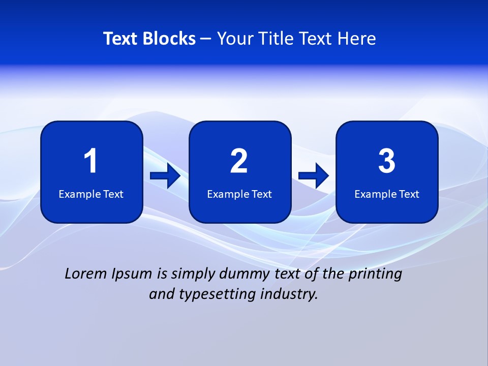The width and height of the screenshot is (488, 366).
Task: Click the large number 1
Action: pos(90,161)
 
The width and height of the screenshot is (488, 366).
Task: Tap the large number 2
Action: pos(239,161)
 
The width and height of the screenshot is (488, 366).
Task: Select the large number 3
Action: pos(387,161)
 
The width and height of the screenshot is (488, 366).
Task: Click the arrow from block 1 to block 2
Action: pos(165,176)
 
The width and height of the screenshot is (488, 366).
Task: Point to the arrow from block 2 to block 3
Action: pos(314,176)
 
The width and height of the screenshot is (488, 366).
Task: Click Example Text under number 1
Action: pos(91,194)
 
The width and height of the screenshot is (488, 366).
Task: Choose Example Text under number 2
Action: pos(239,194)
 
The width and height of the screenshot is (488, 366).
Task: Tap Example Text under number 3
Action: pos(387,194)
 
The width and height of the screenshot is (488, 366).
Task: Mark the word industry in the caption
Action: pos(290,294)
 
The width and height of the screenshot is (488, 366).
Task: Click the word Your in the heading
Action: pos(233,39)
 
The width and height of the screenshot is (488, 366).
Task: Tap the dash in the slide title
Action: pos(206,39)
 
